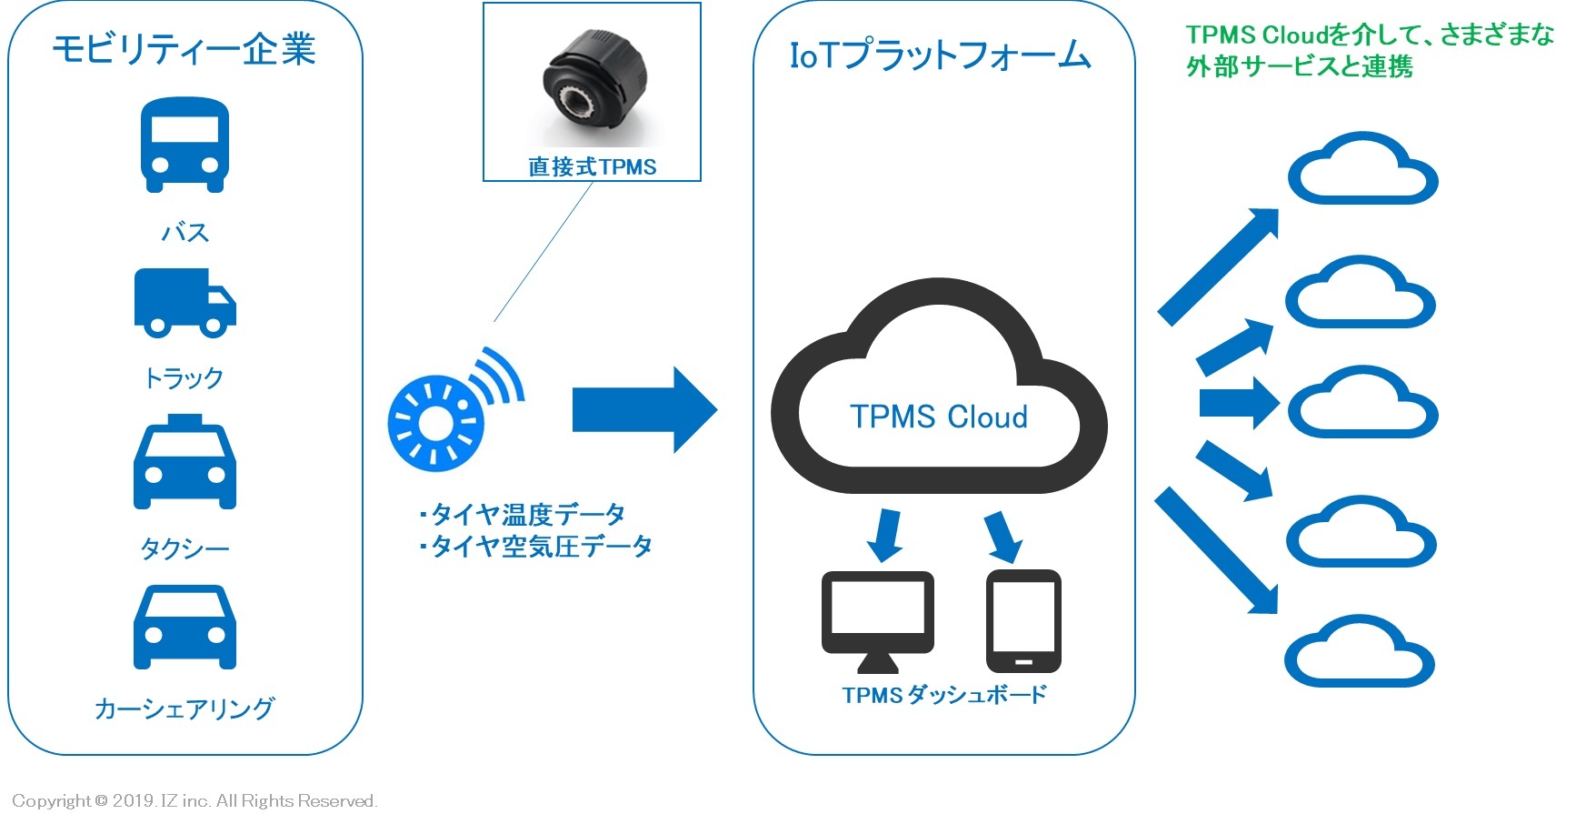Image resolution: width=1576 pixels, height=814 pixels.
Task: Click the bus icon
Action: tap(185, 145)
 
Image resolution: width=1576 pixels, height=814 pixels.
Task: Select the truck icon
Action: tap(185, 302)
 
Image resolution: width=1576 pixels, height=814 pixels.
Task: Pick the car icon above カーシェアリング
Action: tap(185, 628)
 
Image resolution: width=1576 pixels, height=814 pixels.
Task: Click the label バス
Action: tap(185, 233)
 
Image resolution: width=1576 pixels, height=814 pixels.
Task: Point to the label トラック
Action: tap(185, 377)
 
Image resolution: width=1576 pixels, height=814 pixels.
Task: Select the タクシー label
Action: tap(185, 548)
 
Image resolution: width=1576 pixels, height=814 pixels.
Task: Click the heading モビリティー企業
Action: tap(184, 49)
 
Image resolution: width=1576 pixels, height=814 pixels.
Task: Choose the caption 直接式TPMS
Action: tap(592, 166)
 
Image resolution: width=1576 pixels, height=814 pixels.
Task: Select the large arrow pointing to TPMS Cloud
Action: tap(643, 410)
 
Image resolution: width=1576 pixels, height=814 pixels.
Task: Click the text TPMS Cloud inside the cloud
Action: tap(939, 417)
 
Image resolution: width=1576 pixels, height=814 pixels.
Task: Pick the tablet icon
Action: tap(1023, 620)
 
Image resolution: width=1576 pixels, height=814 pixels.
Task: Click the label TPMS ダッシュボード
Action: tap(943, 695)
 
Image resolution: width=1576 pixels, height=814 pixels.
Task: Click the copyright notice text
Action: tap(195, 800)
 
